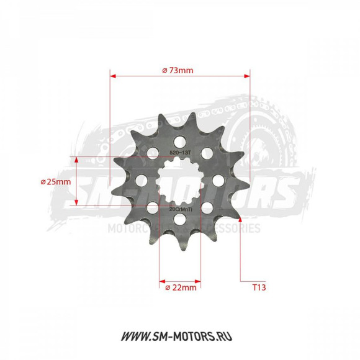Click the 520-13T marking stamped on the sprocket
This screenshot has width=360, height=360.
coord(181,151)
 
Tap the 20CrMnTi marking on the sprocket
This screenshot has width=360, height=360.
coord(180,210)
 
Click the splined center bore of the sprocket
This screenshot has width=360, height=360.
coord(180,181)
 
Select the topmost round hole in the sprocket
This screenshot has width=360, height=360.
coord(180,140)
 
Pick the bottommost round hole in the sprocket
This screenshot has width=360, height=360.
coord(180,220)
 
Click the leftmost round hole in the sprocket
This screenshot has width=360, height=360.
coord(142,181)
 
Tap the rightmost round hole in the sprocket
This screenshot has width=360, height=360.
coord(218,181)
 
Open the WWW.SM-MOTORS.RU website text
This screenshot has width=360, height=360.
coord(180,336)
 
